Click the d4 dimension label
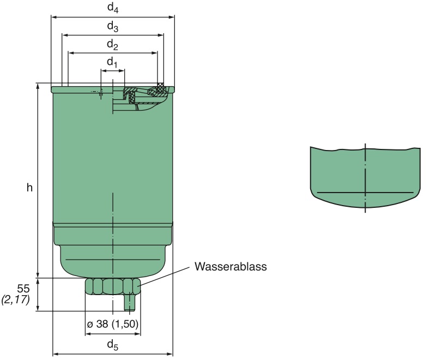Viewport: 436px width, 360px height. coord(112,8)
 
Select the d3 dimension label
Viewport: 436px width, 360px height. coord(112,26)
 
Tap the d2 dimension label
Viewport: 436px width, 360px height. coord(112,45)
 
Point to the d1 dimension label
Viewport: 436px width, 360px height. coord(112,63)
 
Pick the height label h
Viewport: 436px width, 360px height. coord(30,188)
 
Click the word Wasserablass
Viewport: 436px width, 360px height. coord(231,267)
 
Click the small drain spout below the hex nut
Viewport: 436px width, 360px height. coord(129,303)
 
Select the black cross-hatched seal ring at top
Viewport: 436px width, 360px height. coord(160,86)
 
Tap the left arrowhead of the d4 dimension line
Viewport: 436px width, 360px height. coord(53,17)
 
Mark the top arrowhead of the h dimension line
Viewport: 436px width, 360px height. coord(38,87)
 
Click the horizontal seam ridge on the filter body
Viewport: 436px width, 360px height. coord(112,224)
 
